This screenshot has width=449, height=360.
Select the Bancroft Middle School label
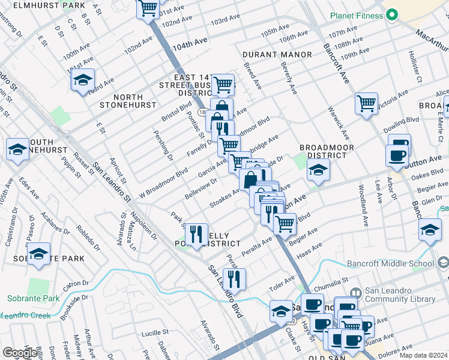point(390,263)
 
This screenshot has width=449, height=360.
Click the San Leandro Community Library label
point(399,298)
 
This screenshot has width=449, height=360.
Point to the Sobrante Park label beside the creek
point(34,298)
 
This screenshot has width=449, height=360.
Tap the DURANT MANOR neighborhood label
point(277,55)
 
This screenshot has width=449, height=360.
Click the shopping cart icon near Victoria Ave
point(366,103)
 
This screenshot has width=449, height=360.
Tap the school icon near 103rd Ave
point(82,80)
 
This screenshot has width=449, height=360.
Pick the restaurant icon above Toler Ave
point(234,279)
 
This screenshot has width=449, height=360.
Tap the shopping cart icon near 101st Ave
point(147,9)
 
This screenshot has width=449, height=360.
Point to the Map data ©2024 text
point(423,355)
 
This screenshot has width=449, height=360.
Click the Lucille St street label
point(155,332)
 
